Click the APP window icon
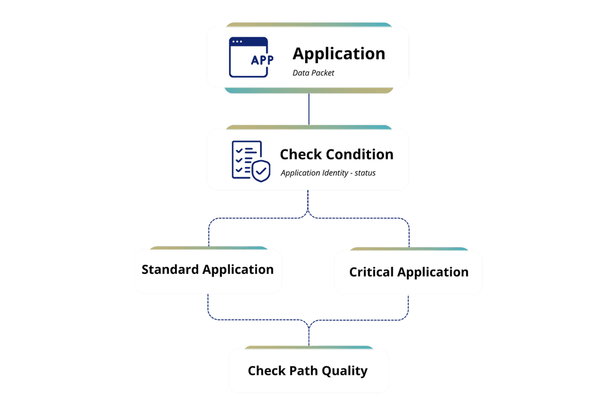click(248, 57)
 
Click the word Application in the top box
click(339, 54)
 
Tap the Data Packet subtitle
click(313, 73)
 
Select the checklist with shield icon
click(250, 161)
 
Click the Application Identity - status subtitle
click(328, 173)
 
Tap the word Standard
click(170, 270)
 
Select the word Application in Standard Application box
click(238, 270)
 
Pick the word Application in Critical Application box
click(433, 272)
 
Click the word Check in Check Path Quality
click(267, 370)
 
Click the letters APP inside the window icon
click(262, 60)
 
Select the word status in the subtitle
click(365, 173)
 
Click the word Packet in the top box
click(323, 73)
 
